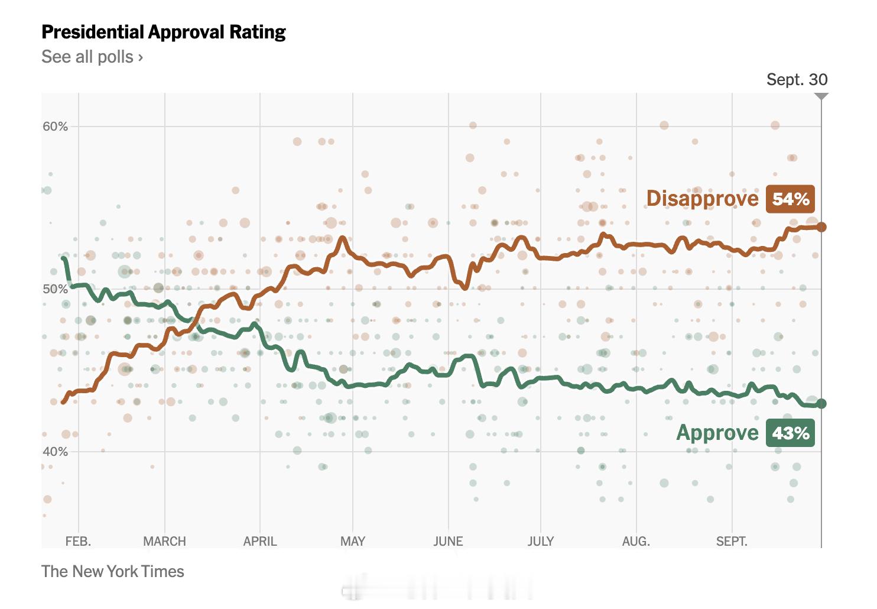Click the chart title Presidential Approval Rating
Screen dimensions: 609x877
tap(164, 32)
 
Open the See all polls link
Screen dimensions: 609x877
tap(92, 57)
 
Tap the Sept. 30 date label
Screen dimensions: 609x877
tap(797, 80)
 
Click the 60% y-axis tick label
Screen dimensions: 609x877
tap(55, 127)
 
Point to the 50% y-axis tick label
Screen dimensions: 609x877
tap(55, 289)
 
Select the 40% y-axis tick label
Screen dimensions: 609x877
tap(55, 452)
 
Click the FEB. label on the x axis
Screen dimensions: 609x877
tap(78, 541)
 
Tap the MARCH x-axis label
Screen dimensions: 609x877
tap(164, 541)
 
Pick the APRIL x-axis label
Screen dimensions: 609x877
tap(260, 541)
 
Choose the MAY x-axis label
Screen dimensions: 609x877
tap(353, 541)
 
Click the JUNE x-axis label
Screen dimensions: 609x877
tap(448, 541)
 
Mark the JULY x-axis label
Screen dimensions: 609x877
tap(541, 541)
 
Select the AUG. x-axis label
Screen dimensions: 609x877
tap(636, 541)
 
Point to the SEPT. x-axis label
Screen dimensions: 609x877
tap(732, 541)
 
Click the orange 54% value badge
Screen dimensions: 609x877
tap(790, 199)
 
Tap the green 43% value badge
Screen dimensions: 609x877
tap(790, 433)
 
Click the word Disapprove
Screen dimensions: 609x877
tap(702, 199)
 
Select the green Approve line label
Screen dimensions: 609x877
tap(717, 433)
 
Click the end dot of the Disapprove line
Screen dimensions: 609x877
tap(821, 227)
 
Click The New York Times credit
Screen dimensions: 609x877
tap(113, 571)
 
